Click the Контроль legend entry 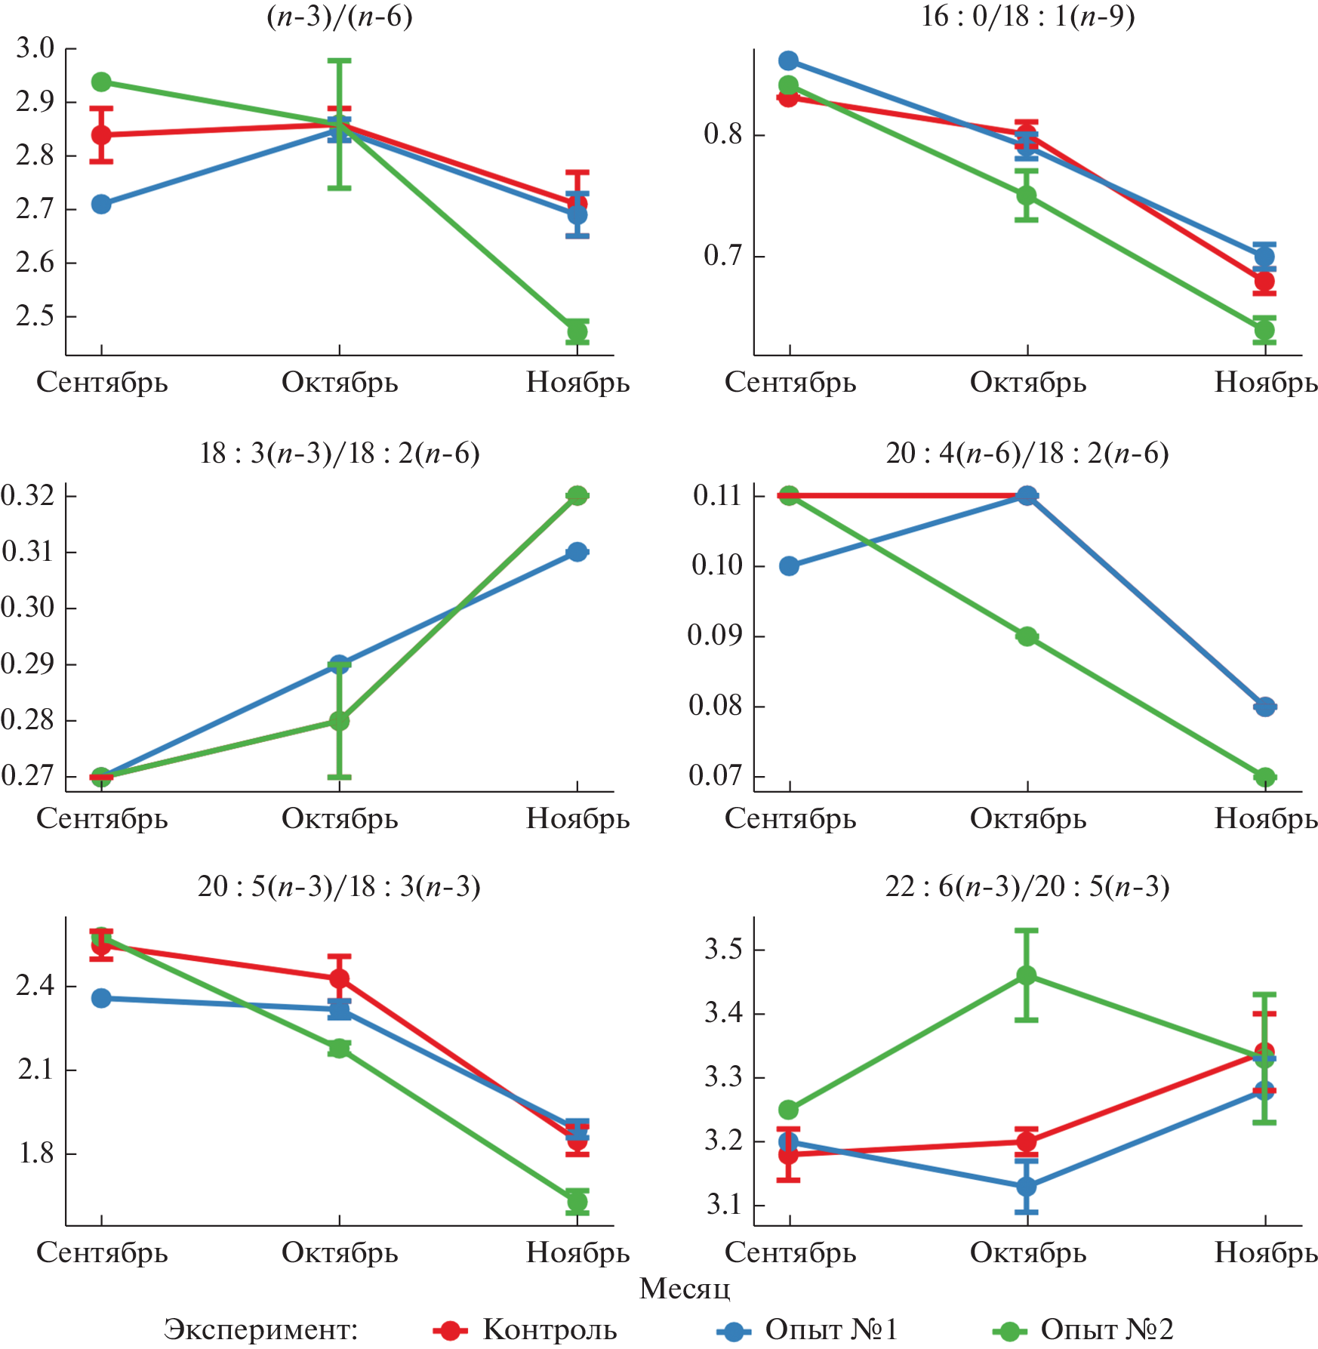point(550,1329)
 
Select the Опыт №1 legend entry point(830,1329)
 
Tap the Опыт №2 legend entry point(1107,1329)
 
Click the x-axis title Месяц point(685,1289)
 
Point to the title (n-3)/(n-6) point(340,17)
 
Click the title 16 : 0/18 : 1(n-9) point(1027,17)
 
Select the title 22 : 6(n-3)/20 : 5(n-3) point(1027,886)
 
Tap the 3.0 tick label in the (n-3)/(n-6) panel point(35,48)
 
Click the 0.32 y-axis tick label point(28,496)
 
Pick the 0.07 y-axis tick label point(716,776)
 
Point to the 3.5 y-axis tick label point(724,950)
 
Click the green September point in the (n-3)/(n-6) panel point(101,82)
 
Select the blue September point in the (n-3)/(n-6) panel point(101,205)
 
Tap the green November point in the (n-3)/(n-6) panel point(577,331)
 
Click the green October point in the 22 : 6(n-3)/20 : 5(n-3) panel point(1027,976)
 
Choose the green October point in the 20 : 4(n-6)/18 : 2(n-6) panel point(1027,636)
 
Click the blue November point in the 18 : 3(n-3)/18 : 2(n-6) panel point(577,552)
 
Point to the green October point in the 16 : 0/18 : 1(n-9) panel point(1027,196)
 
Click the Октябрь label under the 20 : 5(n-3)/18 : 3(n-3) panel point(340,1252)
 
